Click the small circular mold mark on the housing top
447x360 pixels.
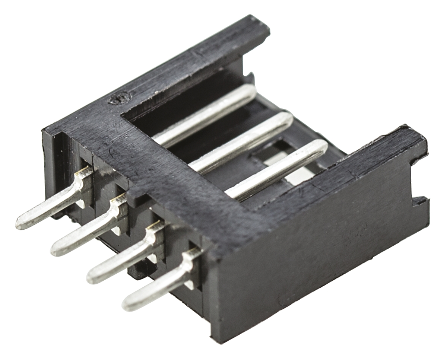coord(118,98)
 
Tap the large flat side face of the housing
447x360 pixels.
coord(317,261)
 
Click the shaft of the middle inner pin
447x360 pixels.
coord(242,143)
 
